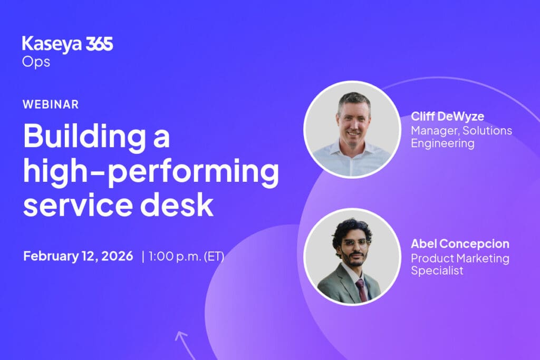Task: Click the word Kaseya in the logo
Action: tap(52, 45)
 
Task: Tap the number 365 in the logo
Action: tap(99, 44)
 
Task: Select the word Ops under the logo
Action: tap(36, 62)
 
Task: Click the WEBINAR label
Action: tap(51, 104)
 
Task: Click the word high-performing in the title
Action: tap(151, 171)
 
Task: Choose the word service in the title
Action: tap(78, 205)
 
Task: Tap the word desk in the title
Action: tap(177, 205)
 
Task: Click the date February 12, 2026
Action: tap(78, 256)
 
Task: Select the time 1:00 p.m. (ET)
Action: tap(186, 256)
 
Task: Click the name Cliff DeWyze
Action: tap(447, 116)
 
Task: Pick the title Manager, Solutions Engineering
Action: tap(461, 137)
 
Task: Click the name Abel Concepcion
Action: tap(460, 244)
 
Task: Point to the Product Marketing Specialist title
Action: tap(460, 264)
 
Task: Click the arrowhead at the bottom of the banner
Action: tap(181, 335)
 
